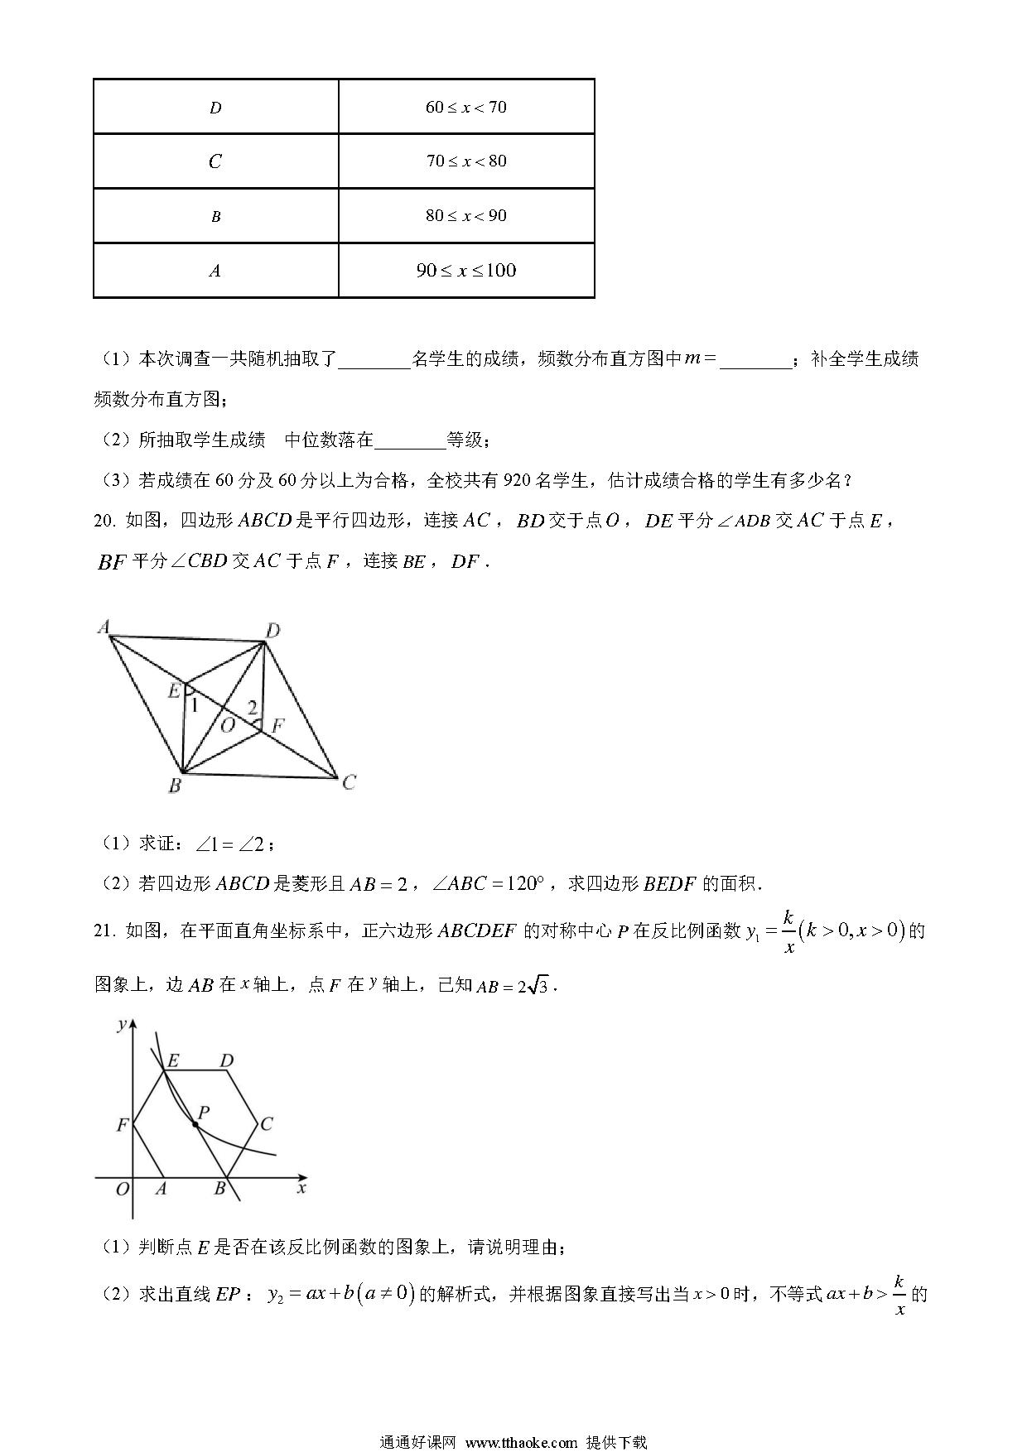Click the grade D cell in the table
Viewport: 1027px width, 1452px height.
(215, 108)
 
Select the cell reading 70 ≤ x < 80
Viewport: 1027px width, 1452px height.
(466, 161)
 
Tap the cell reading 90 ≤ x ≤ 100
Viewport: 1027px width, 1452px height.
(466, 270)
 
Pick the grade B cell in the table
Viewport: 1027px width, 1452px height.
(215, 216)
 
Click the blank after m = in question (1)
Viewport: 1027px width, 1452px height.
(755, 359)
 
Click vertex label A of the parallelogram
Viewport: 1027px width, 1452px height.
(104, 627)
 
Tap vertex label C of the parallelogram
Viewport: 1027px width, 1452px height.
(349, 782)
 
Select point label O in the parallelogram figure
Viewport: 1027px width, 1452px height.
(227, 725)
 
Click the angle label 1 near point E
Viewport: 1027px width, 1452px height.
(195, 705)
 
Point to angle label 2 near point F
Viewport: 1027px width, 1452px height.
(253, 708)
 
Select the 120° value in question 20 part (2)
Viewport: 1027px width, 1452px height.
(522, 883)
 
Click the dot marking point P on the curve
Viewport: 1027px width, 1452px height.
(195, 1123)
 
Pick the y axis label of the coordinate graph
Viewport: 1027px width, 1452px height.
(122, 1025)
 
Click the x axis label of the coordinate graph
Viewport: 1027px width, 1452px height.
(301, 1188)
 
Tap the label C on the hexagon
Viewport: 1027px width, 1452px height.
(266, 1124)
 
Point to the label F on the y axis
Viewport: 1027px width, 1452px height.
(123, 1125)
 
